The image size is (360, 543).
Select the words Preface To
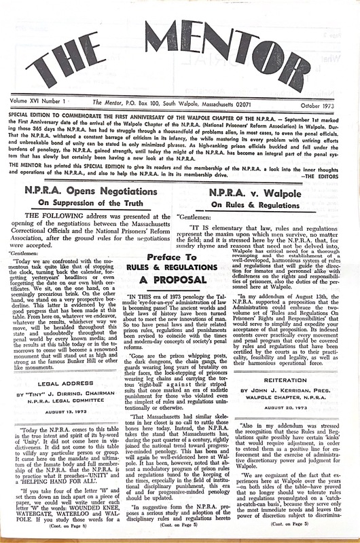tap(180, 257)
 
